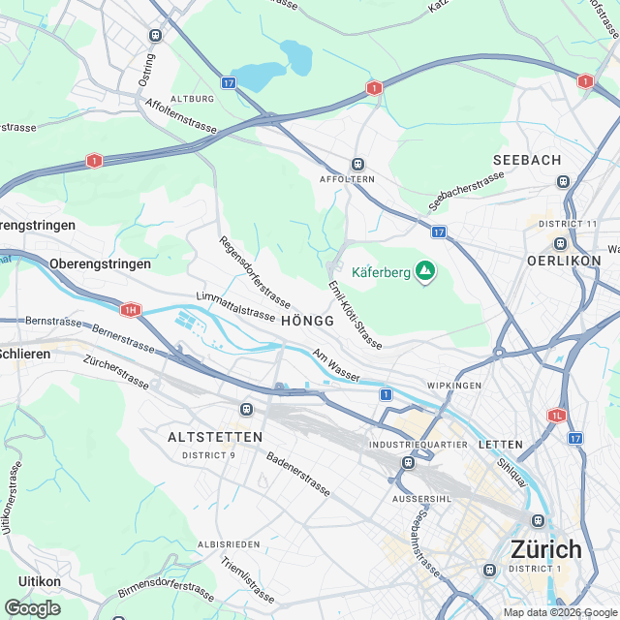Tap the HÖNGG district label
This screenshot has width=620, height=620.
click(307, 321)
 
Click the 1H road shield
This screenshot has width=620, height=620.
click(131, 310)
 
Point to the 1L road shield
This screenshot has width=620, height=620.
click(555, 415)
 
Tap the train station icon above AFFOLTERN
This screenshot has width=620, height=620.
click(357, 165)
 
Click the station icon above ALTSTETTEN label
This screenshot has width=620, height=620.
click(247, 411)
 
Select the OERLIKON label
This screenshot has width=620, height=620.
click(563, 262)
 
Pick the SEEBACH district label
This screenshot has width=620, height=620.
click(526, 160)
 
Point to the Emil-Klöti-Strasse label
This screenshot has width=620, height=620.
click(355, 315)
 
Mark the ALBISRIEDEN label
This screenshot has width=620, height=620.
click(229, 544)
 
